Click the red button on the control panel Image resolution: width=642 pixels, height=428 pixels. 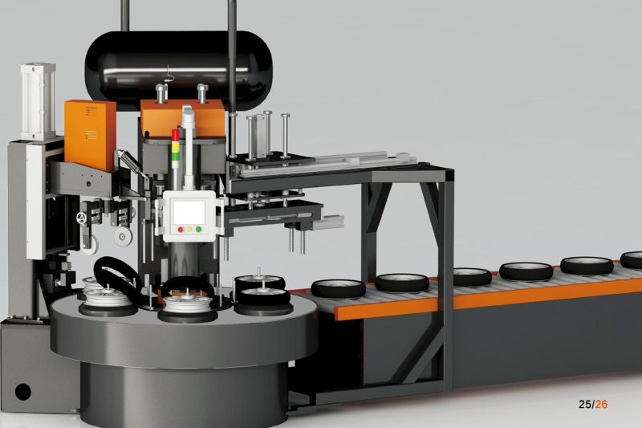coord(181,230)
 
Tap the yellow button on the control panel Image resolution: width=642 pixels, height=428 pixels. coord(189,230)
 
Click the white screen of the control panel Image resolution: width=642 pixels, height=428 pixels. coord(189,212)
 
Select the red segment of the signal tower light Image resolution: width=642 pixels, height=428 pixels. coord(175,136)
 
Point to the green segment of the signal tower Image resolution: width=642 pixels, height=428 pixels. coord(175,157)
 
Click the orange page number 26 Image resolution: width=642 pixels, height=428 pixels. coord(601,404)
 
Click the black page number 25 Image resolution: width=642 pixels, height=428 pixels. coord(586,404)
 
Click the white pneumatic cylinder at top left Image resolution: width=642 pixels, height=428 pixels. coord(38,101)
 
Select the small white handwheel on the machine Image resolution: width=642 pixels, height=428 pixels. coord(82,218)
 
